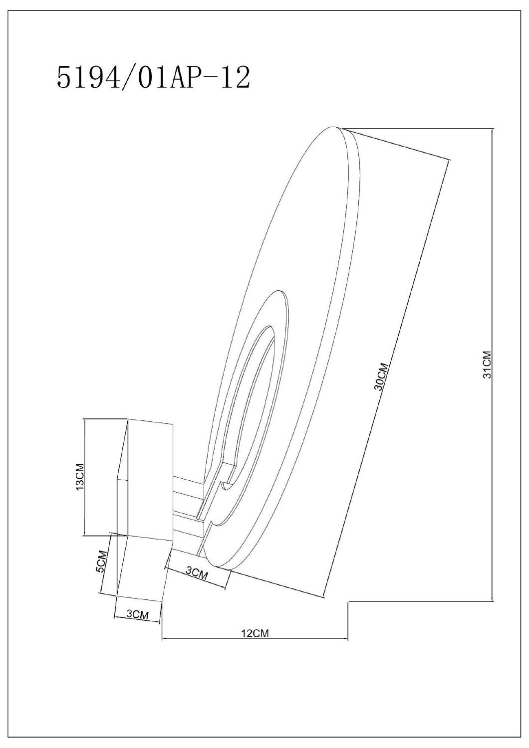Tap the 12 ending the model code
click(x=235, y=77)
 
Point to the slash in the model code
click(x=128, y=78)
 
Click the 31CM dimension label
click(x=488, y=365)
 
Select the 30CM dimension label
click(x=382, y=376)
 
